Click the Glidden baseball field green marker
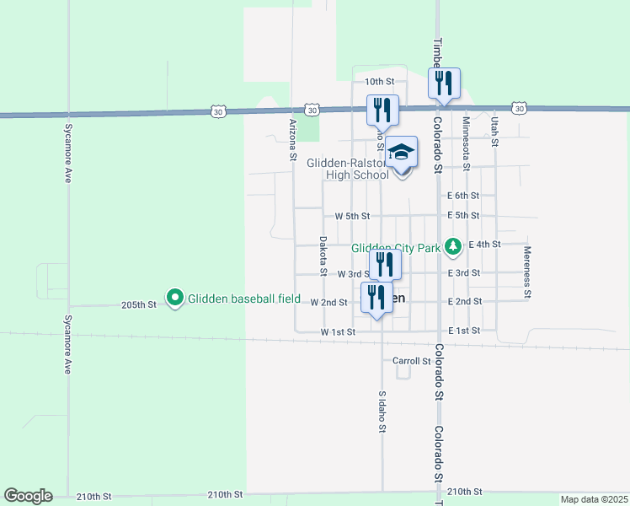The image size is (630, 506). (175, 297)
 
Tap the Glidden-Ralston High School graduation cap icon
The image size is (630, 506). (403, 153)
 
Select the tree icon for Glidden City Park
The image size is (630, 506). (454, 245)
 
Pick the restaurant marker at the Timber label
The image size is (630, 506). (444, 83)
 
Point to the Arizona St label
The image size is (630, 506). (293, 139)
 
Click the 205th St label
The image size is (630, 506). (139, 304)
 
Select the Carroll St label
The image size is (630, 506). (412, 360)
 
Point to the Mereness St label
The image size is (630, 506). (527, 272)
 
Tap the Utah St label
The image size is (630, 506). (495, 132)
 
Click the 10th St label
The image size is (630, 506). (379, 81)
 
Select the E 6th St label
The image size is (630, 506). (464, 195)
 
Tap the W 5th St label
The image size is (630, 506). (352, 216)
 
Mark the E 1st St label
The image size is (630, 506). (464, 331)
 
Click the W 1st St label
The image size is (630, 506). (338, 332)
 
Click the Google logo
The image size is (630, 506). (28, 496)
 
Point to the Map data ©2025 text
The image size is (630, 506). (593, 499)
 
